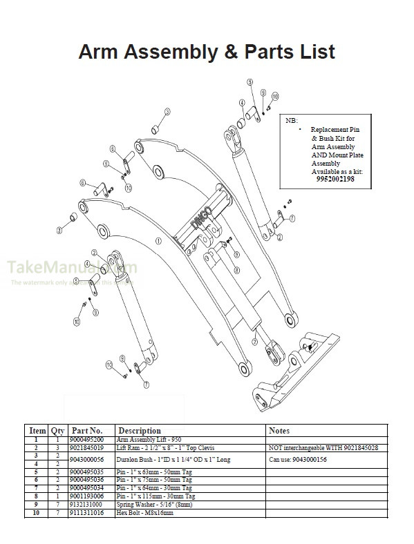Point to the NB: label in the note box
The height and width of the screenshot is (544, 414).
pyautogui.click(x=292, y=120)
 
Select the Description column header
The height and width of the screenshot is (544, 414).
pyautogui.click(x=140, y=431)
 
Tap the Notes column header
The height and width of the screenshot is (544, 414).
pyautogui.click(x=279, y=431)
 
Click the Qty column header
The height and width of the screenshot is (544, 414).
pyautogui.click(x=57, y=431)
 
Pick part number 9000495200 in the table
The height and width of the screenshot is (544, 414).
pyautogui.click(x=87, y=440)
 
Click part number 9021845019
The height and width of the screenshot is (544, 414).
pyautogui.click(x=87, y=448)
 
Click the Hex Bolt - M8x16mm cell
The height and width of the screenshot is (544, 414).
pyautogui.click(x=145, y=513)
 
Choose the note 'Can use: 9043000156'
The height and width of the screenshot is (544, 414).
pyautogui.click(x=298, y=458)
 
